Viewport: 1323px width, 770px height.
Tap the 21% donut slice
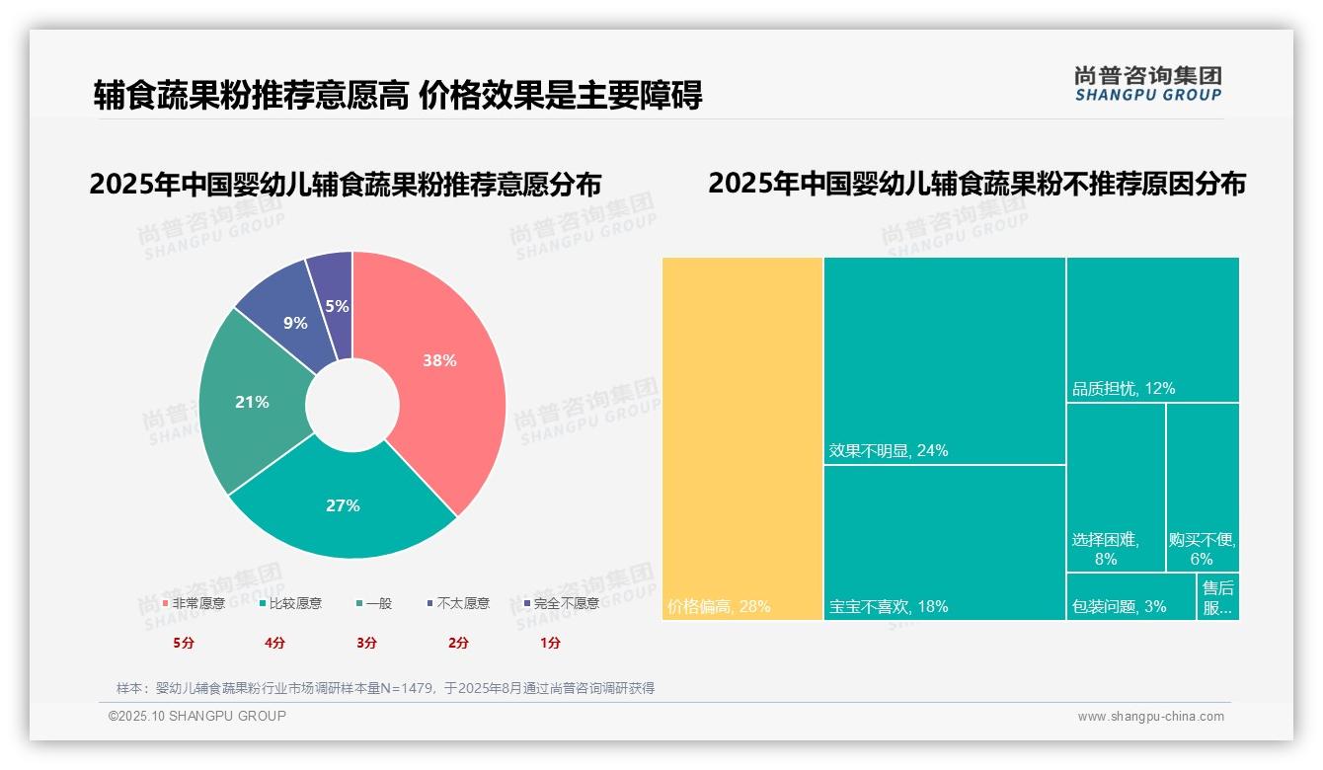(x=252, y=403)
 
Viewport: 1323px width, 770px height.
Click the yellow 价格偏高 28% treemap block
(x=742, y=438)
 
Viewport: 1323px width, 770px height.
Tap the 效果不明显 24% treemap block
(x=945, y=360)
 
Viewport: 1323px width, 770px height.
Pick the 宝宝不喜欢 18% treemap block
(x=945, y=542)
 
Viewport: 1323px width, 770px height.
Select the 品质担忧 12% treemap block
(x=1152, y=329)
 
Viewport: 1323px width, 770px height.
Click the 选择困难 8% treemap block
(x=1116, y=487)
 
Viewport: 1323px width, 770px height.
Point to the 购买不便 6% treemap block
(x=1203, y=487)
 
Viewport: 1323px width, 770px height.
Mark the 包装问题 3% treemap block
(x=1131, y=597)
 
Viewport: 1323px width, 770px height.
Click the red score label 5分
(x=184, y=643)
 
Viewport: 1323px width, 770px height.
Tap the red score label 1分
(x=550, y=643)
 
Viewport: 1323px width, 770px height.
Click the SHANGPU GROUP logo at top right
(x=1147, y=84)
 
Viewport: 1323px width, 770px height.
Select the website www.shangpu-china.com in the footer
(x=1150, y=717)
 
